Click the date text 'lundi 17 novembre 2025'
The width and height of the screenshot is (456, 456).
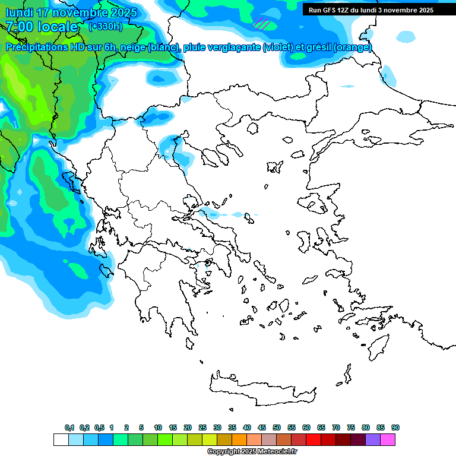71,12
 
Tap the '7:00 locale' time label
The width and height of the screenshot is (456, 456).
42,27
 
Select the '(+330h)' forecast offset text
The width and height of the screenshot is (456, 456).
105,27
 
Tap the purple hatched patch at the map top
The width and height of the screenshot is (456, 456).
262,24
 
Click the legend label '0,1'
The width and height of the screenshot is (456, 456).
69,427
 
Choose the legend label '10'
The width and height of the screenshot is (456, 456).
158,427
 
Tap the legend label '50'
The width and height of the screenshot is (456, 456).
277,427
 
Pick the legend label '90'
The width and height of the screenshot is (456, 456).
395,427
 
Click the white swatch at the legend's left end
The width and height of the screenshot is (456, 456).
61,439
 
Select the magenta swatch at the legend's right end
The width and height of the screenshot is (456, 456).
388,439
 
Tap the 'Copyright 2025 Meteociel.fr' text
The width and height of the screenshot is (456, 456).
252,451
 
